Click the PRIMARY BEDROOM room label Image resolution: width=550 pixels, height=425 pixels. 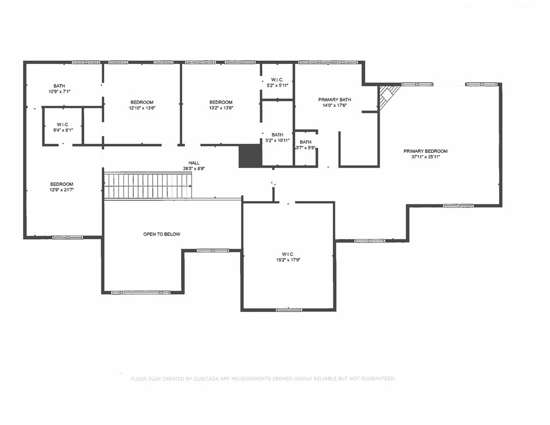426,151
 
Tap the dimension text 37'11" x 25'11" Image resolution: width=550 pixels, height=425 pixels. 426,157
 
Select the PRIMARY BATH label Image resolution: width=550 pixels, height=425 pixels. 334,100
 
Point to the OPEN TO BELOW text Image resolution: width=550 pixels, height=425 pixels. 162,234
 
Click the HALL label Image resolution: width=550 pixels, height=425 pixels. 194,163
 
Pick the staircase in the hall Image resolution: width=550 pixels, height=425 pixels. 148,185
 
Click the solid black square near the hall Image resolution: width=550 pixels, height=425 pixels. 250,156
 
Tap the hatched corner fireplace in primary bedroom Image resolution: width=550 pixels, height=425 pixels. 387,97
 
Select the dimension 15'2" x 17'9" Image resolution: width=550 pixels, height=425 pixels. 288,260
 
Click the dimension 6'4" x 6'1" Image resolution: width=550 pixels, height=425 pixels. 63,131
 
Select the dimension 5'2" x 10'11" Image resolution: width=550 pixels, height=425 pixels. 277,140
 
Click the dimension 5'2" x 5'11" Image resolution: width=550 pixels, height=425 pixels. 277,86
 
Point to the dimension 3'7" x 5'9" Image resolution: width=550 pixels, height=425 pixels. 306,148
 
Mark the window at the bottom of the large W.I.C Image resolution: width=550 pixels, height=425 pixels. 289,310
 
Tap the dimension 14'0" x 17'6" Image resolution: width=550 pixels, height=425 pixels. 334,105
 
